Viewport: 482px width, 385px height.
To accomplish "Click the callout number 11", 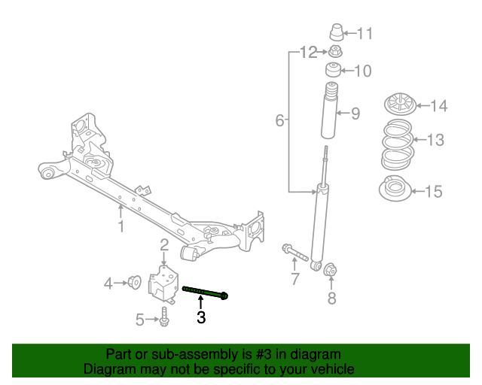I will pyautogui.click(x=365, y=34).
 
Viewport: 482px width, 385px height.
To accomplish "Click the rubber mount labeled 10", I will pyautogui.click(x=332, y=71).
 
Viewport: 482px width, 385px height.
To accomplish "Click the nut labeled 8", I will pyautogui.click(x=330, y=268).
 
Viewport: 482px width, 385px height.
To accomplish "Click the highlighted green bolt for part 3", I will pyautogui.click(x=205, y=292).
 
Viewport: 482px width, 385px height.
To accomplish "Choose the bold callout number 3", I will pyautogui.click(x=201, y=317).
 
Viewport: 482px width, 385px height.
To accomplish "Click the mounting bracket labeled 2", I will pyautogui.click(x=162, y=283).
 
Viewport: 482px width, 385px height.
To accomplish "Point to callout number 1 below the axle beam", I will pyautogui.click(x=120, y=226).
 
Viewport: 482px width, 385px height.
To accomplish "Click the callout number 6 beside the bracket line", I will pyautogui.click(x=279, y=120).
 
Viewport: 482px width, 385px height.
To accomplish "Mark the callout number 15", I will pyautogui.click(x=433, y=192).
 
